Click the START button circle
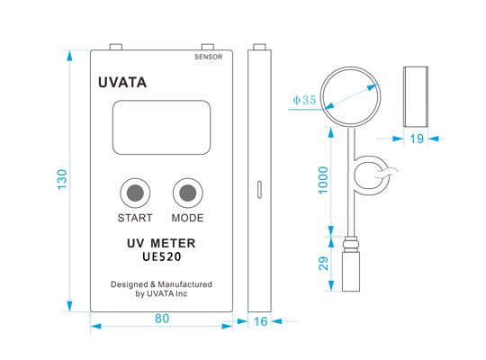click(135, 193)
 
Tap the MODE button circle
click(188, 193)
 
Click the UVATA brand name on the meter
click(122, 83)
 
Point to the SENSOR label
click(208, 57)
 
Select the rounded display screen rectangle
click(161, 127)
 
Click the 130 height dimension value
click(62, 179)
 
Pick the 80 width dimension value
click(162, 319)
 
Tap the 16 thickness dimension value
click(260, 321)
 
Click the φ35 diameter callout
click(304, 100)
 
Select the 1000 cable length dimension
click(323, 180)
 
